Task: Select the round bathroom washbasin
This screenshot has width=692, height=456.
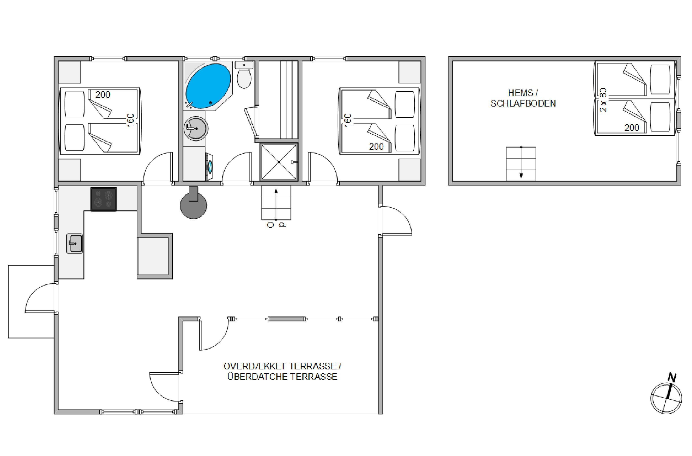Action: (196, 128)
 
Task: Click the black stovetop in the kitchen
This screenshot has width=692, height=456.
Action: (104, 199)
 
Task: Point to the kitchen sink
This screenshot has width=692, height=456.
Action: (75, 244)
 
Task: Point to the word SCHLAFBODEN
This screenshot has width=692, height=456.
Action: (523, 104)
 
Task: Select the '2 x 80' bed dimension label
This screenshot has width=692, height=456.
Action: (603, 100)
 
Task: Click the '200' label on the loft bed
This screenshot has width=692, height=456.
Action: (632, 127)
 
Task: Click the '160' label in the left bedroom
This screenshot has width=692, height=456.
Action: (130, 120)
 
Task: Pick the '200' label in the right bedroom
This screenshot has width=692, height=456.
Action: (377, 146)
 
